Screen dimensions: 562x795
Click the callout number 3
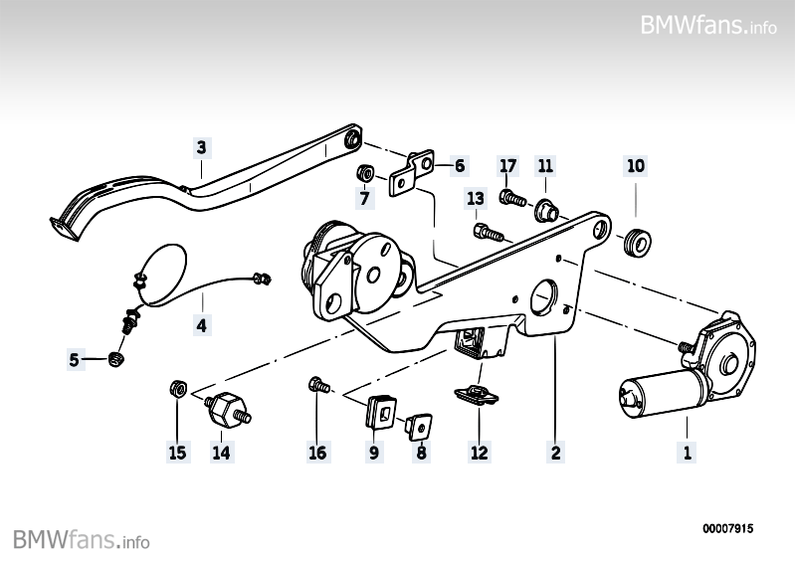coord(202,148)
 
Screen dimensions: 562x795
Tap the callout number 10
coord(636,165)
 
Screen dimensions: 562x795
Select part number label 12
coord(480,454)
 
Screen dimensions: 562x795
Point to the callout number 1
coord(686,454)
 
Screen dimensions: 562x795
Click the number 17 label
coord(508,165)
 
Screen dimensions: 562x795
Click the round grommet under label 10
coord(635,241)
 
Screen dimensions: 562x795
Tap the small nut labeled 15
coord(176,387)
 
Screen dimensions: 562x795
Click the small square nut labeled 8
coord(419,427)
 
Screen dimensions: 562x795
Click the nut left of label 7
coord(366,173)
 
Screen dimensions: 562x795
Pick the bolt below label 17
coord(511,197)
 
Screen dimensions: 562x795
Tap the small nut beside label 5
coord(117,358)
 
